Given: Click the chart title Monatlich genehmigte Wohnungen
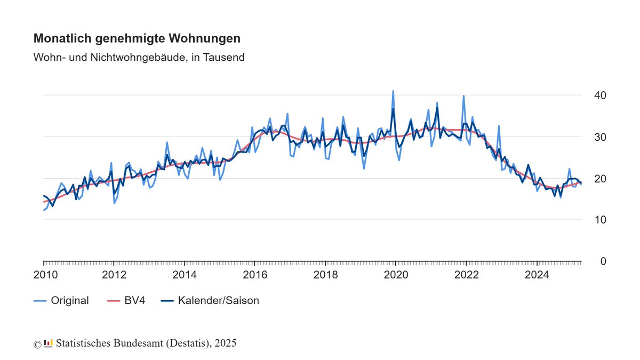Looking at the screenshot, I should point(137,39).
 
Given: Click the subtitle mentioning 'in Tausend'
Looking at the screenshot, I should point(139,57).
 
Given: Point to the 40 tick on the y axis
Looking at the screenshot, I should point(600,95).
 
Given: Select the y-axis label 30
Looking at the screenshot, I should point(600,137).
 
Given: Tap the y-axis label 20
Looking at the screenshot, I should point(600,179).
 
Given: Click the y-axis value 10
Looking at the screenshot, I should point(600,220).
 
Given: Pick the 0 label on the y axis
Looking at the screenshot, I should point(603,261).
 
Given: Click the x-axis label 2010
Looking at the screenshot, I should point(43,275).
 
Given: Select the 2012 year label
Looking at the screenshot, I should point(114,275).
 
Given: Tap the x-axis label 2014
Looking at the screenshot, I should point(185,275).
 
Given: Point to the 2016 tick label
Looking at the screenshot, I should point(255,275).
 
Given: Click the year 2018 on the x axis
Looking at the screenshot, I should point(325,275).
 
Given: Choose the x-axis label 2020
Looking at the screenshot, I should point(396,275).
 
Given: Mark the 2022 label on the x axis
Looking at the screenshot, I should point(467,275).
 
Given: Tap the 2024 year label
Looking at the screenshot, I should point(537,275).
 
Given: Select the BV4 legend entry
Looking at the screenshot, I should point(134,301).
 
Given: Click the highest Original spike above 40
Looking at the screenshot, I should point(393,91).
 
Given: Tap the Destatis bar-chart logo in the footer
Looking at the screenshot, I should point(49,343).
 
